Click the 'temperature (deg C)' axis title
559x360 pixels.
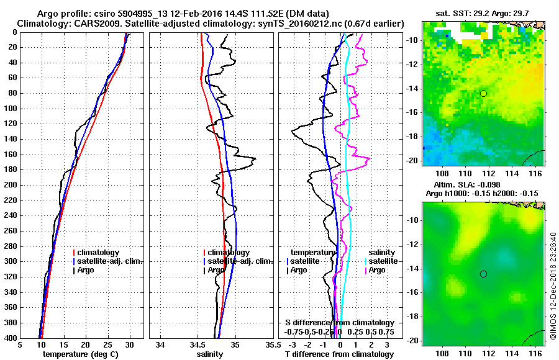pyautogui.click(x=80, y=354)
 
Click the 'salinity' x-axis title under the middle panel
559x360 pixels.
pyautogui.click(x=211, y=354)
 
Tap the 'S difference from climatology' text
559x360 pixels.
pyautogui.click(x=340, y=323)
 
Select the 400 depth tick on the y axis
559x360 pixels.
pyautogui.click(x=11, y=338)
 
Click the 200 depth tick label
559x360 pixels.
pyautogui.click(x=11, y=185)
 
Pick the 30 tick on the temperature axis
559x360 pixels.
pyautogui.click(x=129, y=345)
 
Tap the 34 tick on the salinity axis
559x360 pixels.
pyautogui.click(x=160, y=345)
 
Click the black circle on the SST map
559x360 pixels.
pyautogui.click(x=483, y=93)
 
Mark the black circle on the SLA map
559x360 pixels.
pyautogui.click(x=483, y=274)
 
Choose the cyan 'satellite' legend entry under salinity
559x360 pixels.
pyautogui.click(x=385, y=261)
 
